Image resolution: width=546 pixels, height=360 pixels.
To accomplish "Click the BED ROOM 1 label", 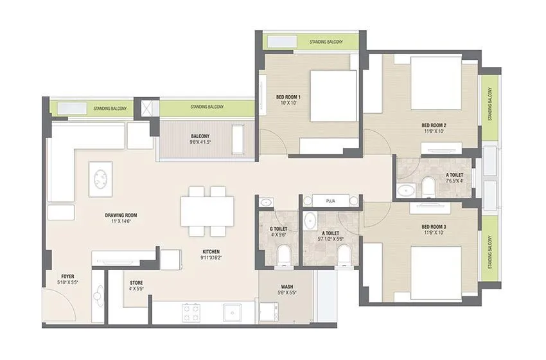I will coord(270,97).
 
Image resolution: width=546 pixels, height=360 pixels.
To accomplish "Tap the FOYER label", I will coord(67,276).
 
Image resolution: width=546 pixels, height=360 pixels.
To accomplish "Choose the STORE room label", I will coord(136,282).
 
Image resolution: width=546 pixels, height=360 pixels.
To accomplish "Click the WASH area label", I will coord(287,287).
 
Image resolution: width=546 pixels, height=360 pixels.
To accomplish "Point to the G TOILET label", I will coord(278,229).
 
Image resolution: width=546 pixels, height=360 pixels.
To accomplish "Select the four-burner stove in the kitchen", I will coord(191,312).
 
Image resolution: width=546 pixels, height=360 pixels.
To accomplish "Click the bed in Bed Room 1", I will coord(333,95).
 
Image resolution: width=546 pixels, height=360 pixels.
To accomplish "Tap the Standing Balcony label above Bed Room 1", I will coord(326,42).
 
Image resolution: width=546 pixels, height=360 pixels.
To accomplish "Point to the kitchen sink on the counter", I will coord(232,312).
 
